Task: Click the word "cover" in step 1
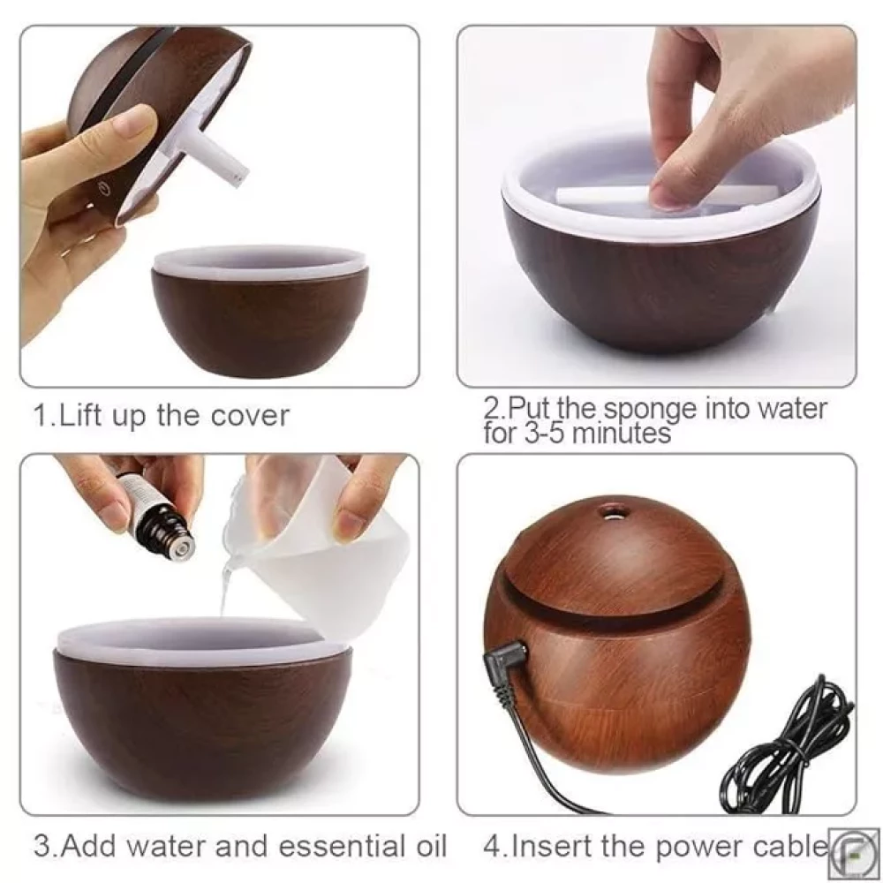tap(250, 416)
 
